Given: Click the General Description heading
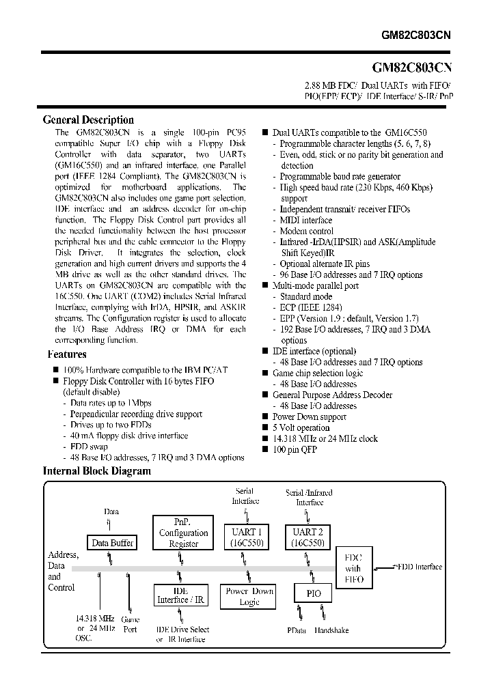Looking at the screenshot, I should (x=88, y=119).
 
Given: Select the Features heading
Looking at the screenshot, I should (x=66, y=354).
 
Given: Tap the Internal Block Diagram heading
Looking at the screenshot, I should (x=97, y=471).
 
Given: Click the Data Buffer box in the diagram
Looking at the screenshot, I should (x=112, y=543).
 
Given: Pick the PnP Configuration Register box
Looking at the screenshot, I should (x=183, y=532).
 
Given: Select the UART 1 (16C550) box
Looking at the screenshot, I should (x=246, y=537).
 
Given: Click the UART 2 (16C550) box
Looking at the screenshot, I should (x=308, y=537).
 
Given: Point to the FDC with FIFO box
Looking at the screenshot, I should (x=353, y=568).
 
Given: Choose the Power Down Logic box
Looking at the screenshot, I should (x=249, y=596).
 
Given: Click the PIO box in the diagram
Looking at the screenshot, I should (x=313, y=593).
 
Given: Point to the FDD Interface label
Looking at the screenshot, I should (x=419, y=567).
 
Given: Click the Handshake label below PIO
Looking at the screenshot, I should (x=331, y=630).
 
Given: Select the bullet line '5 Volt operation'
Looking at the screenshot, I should (x=301, y=427).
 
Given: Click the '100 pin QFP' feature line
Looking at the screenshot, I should (x=295, y=449).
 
